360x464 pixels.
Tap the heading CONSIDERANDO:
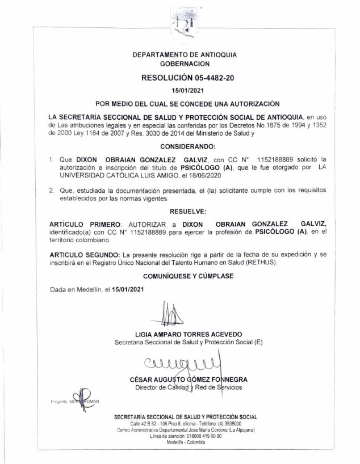(187, 146)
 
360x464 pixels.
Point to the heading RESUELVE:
(187, 211)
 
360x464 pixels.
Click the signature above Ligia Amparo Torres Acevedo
(170, 314)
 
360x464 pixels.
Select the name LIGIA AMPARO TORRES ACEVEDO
(188, 335)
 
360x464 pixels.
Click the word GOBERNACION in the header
(187, 65)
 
